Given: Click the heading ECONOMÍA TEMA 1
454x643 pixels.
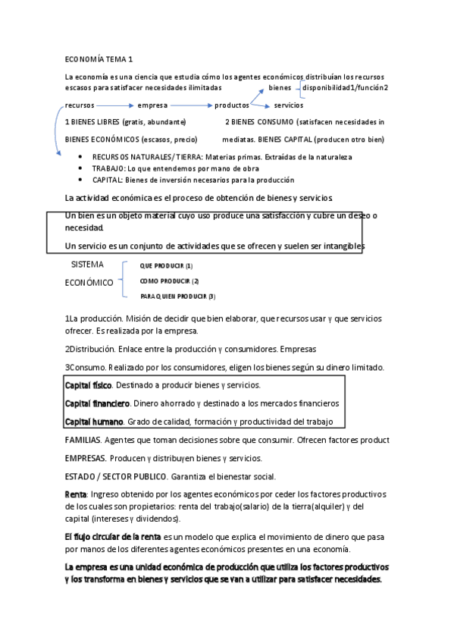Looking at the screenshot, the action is (x=99, y=58).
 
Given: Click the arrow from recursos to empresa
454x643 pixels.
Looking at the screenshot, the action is (x=114, y=105).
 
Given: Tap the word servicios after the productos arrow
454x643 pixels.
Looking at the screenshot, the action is (x=289, y=105).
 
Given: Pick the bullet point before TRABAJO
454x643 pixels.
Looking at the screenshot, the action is (x=81, y=168).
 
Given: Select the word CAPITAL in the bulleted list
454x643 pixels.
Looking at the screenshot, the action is (x=108, y=180).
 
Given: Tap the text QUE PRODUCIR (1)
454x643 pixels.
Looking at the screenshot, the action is (x=166, y=266).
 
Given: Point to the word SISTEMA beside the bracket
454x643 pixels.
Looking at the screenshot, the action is (x=87, y=265).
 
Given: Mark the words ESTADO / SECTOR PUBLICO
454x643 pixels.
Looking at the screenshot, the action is (x=115, y=476).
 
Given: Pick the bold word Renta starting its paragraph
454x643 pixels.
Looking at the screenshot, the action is (x=76, y=494).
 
